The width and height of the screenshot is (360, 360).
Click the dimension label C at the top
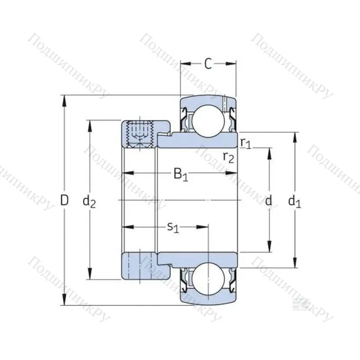[x=208, y=64]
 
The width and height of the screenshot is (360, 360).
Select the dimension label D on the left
[x=65, y=200]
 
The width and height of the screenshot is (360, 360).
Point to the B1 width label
[x=181, y=174]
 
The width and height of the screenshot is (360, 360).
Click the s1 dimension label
[x=173, y=228]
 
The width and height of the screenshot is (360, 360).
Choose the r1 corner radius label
[x=245, y=143]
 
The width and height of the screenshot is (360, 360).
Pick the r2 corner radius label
[x=229, y=157]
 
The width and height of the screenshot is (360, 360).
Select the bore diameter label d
[x=269, y=201]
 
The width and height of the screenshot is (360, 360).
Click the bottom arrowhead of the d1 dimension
[x=295, y=264]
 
